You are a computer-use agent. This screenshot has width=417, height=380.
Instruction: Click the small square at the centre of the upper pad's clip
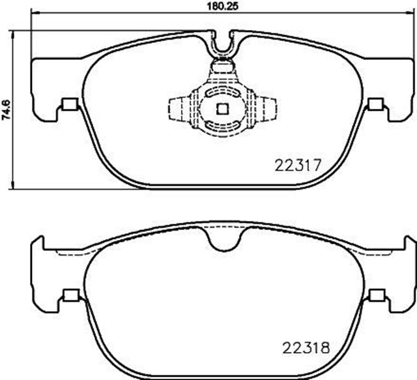(x=222, y=109)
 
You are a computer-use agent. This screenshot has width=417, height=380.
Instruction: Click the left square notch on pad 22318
(x=70, y=297)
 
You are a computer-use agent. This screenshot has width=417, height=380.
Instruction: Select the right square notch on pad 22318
(x=375, y=297)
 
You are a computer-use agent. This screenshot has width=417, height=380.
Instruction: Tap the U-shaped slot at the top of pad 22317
(x=223, y=48)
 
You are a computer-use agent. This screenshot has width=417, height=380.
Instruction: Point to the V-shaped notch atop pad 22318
(x=222, y=242)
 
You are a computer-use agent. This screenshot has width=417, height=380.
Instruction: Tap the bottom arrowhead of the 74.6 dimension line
(x=15, y=187)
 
